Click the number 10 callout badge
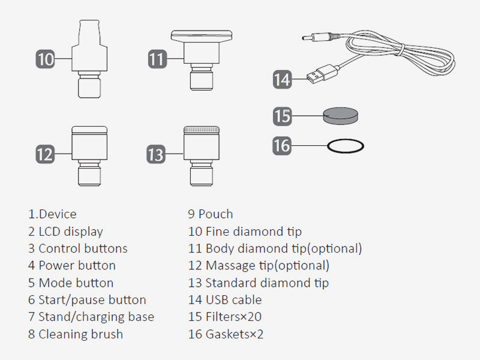point(46,59)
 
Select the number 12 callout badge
point(45,154)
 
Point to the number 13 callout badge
point(156,154)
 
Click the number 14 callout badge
point(282,79)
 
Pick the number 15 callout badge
point(282,115)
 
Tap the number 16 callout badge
point(282,145)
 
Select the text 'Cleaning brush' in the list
point(80,334)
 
